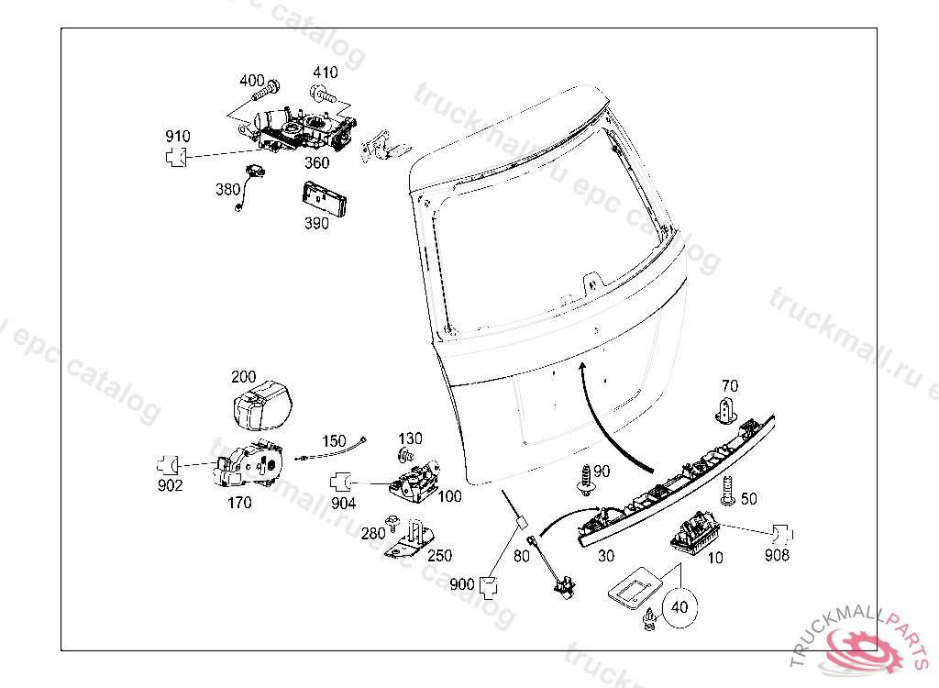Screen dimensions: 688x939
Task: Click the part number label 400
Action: (252, 81)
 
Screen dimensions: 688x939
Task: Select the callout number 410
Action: (325, 72)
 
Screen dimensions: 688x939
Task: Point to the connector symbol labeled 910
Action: (178, 157)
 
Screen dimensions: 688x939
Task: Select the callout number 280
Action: (372, 534)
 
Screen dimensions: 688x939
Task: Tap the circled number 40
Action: (679, 606)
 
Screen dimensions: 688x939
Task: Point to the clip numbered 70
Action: (725, 409)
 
